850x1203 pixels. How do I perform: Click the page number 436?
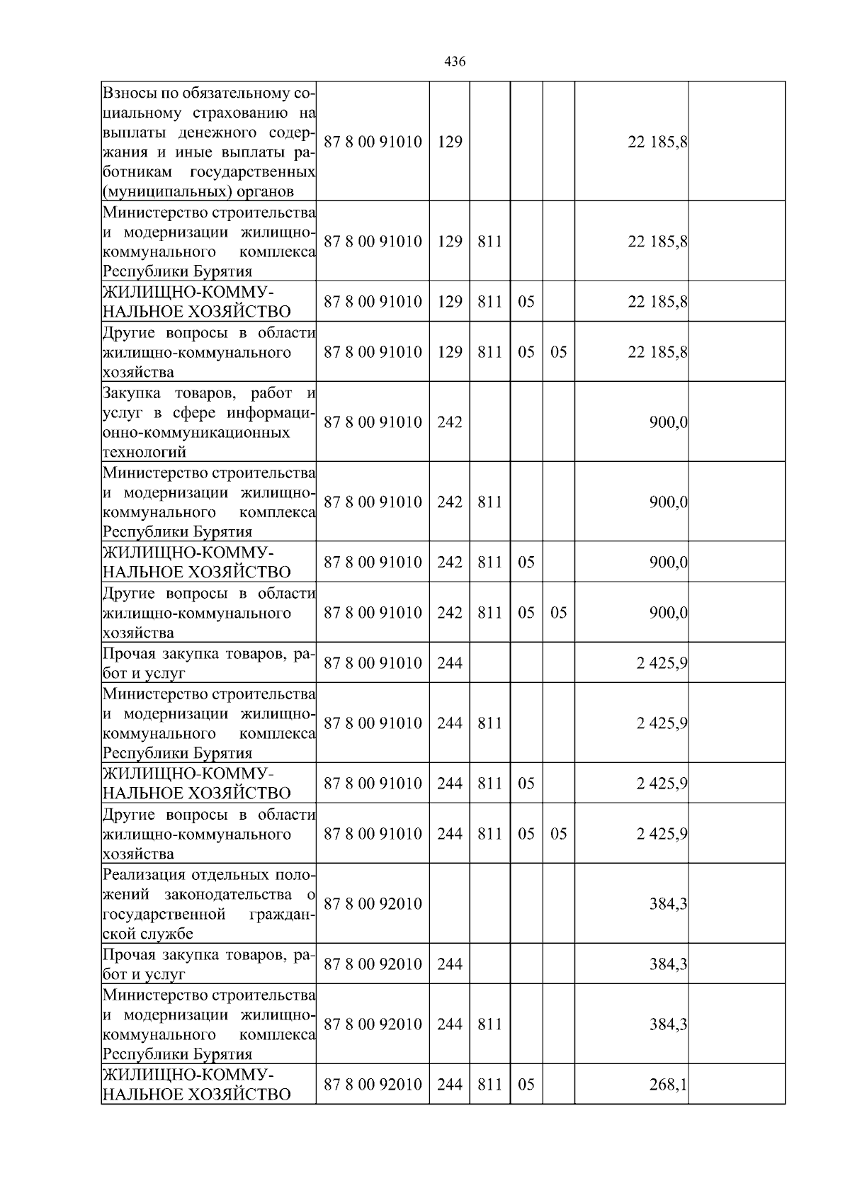pyautogui.click(x=455, y=62)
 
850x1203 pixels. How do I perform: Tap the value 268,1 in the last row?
pyautogui.click(x=668, y=1085)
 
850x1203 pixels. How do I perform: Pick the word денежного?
pyautogui.click(x=217, y=132)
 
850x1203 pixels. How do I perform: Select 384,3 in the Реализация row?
pyautogui.click(x=668, y=904)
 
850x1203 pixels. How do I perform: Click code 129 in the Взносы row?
pyautogui.click(x=450, y=142)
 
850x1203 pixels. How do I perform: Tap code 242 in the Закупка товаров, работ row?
pyautogui.click(x=450, y=422)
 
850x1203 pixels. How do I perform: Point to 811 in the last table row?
pyautogui.click(x=489, y=1085)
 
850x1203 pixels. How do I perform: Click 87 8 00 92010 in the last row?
pyautogui.click(x=373, y=1085)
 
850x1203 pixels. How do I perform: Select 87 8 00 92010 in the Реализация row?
pyautogui.click(x=373, y=904)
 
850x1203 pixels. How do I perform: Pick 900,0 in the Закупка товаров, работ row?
pyautogui.click(x=668, y=422)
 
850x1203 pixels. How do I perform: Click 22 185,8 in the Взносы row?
pyautogui.click(x=657, y=142)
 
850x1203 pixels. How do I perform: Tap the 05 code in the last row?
pyautogui.click(x=526, y=1085)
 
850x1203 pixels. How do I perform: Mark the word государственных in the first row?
pyautogui.click(x=253, y=172)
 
